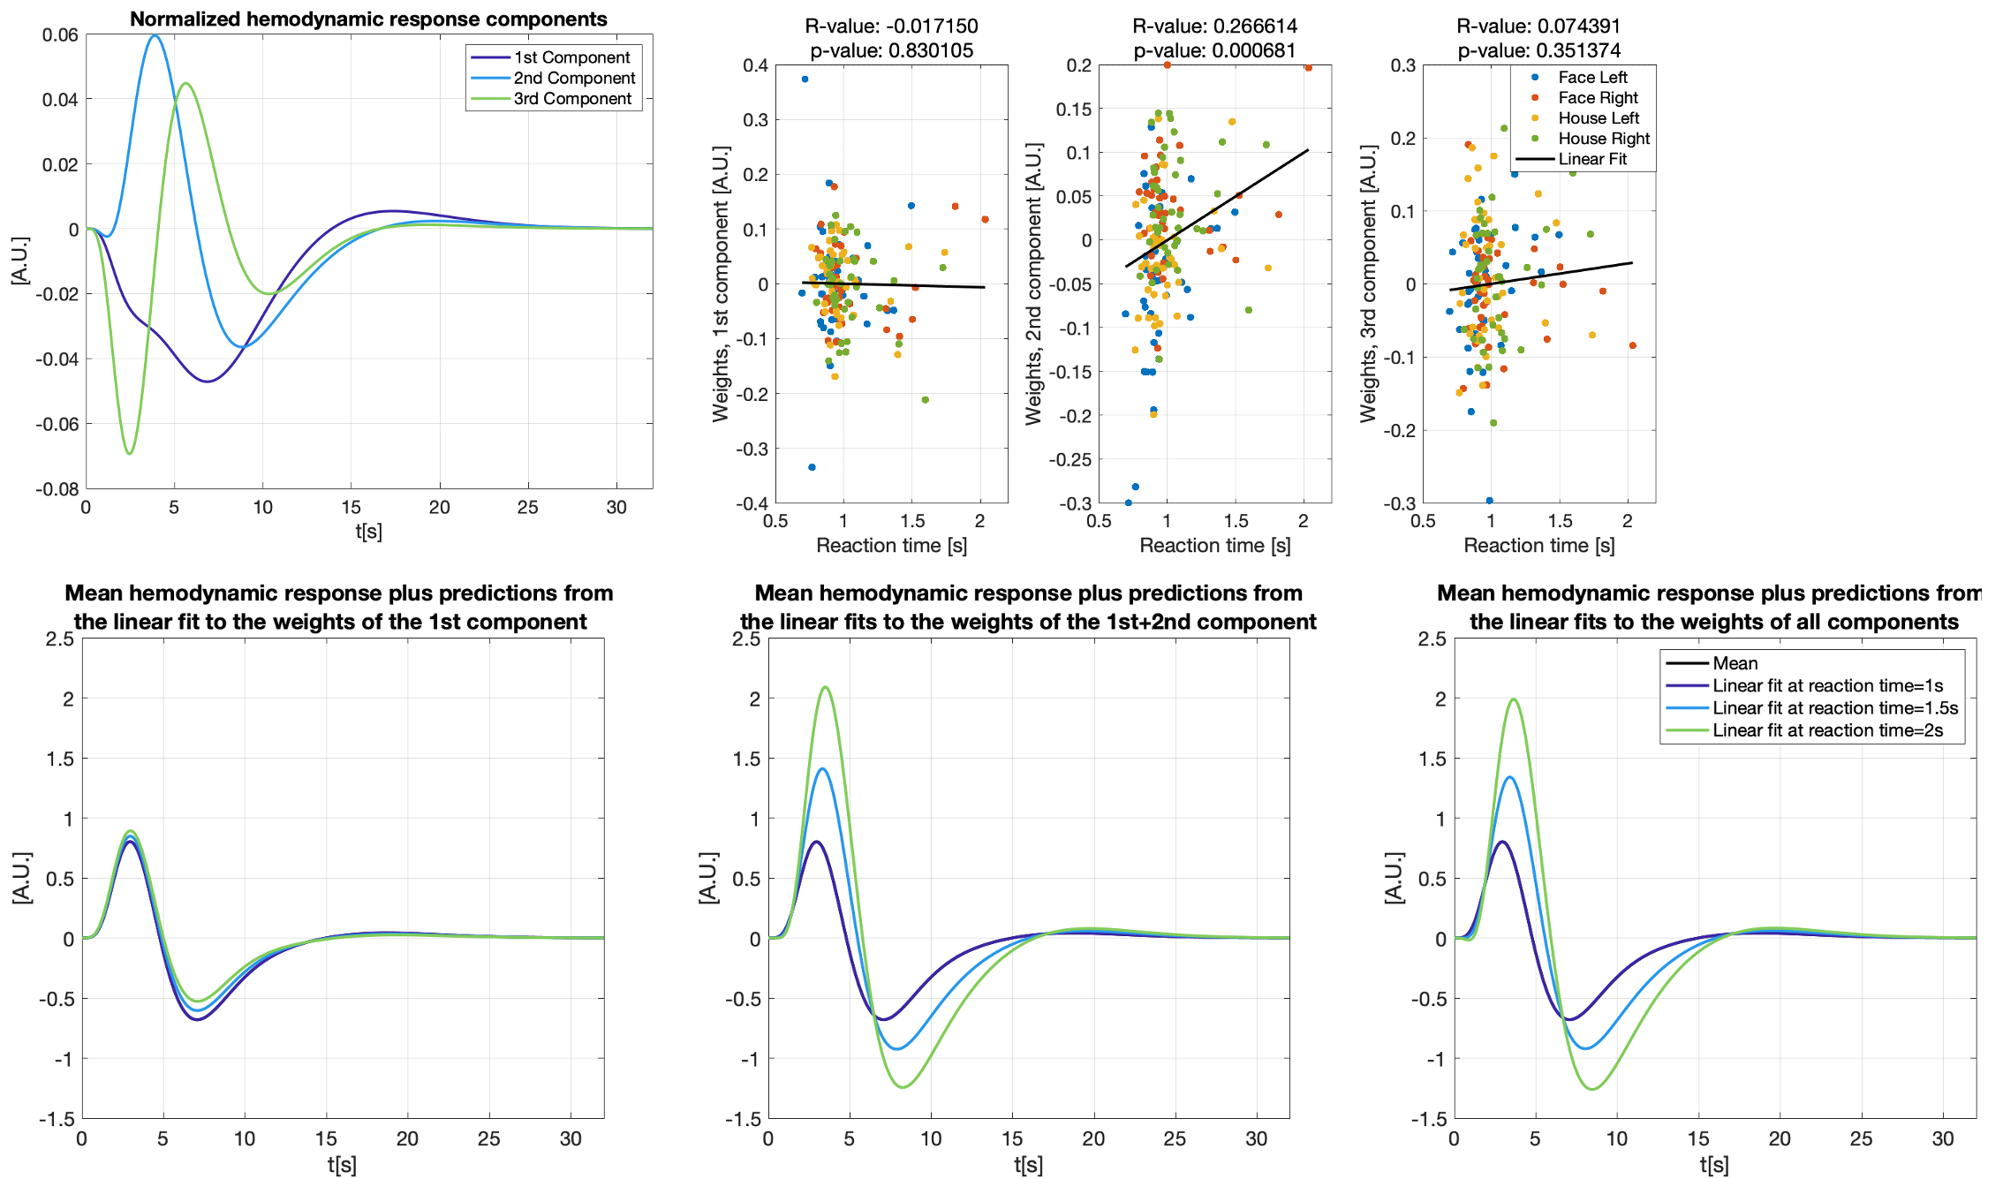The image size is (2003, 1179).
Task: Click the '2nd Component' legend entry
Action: click(574, 78)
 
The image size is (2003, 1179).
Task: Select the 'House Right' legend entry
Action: click(1603, 139)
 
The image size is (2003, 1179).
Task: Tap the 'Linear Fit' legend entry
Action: click(1591, 159)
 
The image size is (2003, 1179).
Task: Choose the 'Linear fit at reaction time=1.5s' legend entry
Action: click(1834, 708)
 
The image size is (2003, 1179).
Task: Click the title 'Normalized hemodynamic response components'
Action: click(368, 19)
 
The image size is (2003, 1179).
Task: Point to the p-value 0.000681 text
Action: click(1214, 50)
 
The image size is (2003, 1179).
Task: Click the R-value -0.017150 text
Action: click(891, 26)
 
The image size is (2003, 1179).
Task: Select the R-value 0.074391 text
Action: click(1538, 26)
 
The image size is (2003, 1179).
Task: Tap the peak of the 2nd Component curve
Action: click(155, 35)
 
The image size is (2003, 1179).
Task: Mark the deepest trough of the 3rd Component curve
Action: click(130, 454)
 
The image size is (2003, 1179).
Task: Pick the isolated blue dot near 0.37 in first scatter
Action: click(805, 79)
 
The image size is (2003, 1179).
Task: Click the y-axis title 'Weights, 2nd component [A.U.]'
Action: click(1033, 284)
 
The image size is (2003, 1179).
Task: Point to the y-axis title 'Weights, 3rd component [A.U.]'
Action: click(1368, 284)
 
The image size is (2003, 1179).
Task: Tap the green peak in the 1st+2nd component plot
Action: click(826, 687)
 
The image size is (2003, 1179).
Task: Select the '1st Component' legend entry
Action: click(571, 57)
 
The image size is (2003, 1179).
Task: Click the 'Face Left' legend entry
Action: click(1591, 78)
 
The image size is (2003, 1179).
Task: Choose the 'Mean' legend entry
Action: click(1735, 663)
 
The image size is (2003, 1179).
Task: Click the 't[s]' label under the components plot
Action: click(368, 532)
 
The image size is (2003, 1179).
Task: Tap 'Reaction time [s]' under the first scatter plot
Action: click(891, 546)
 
